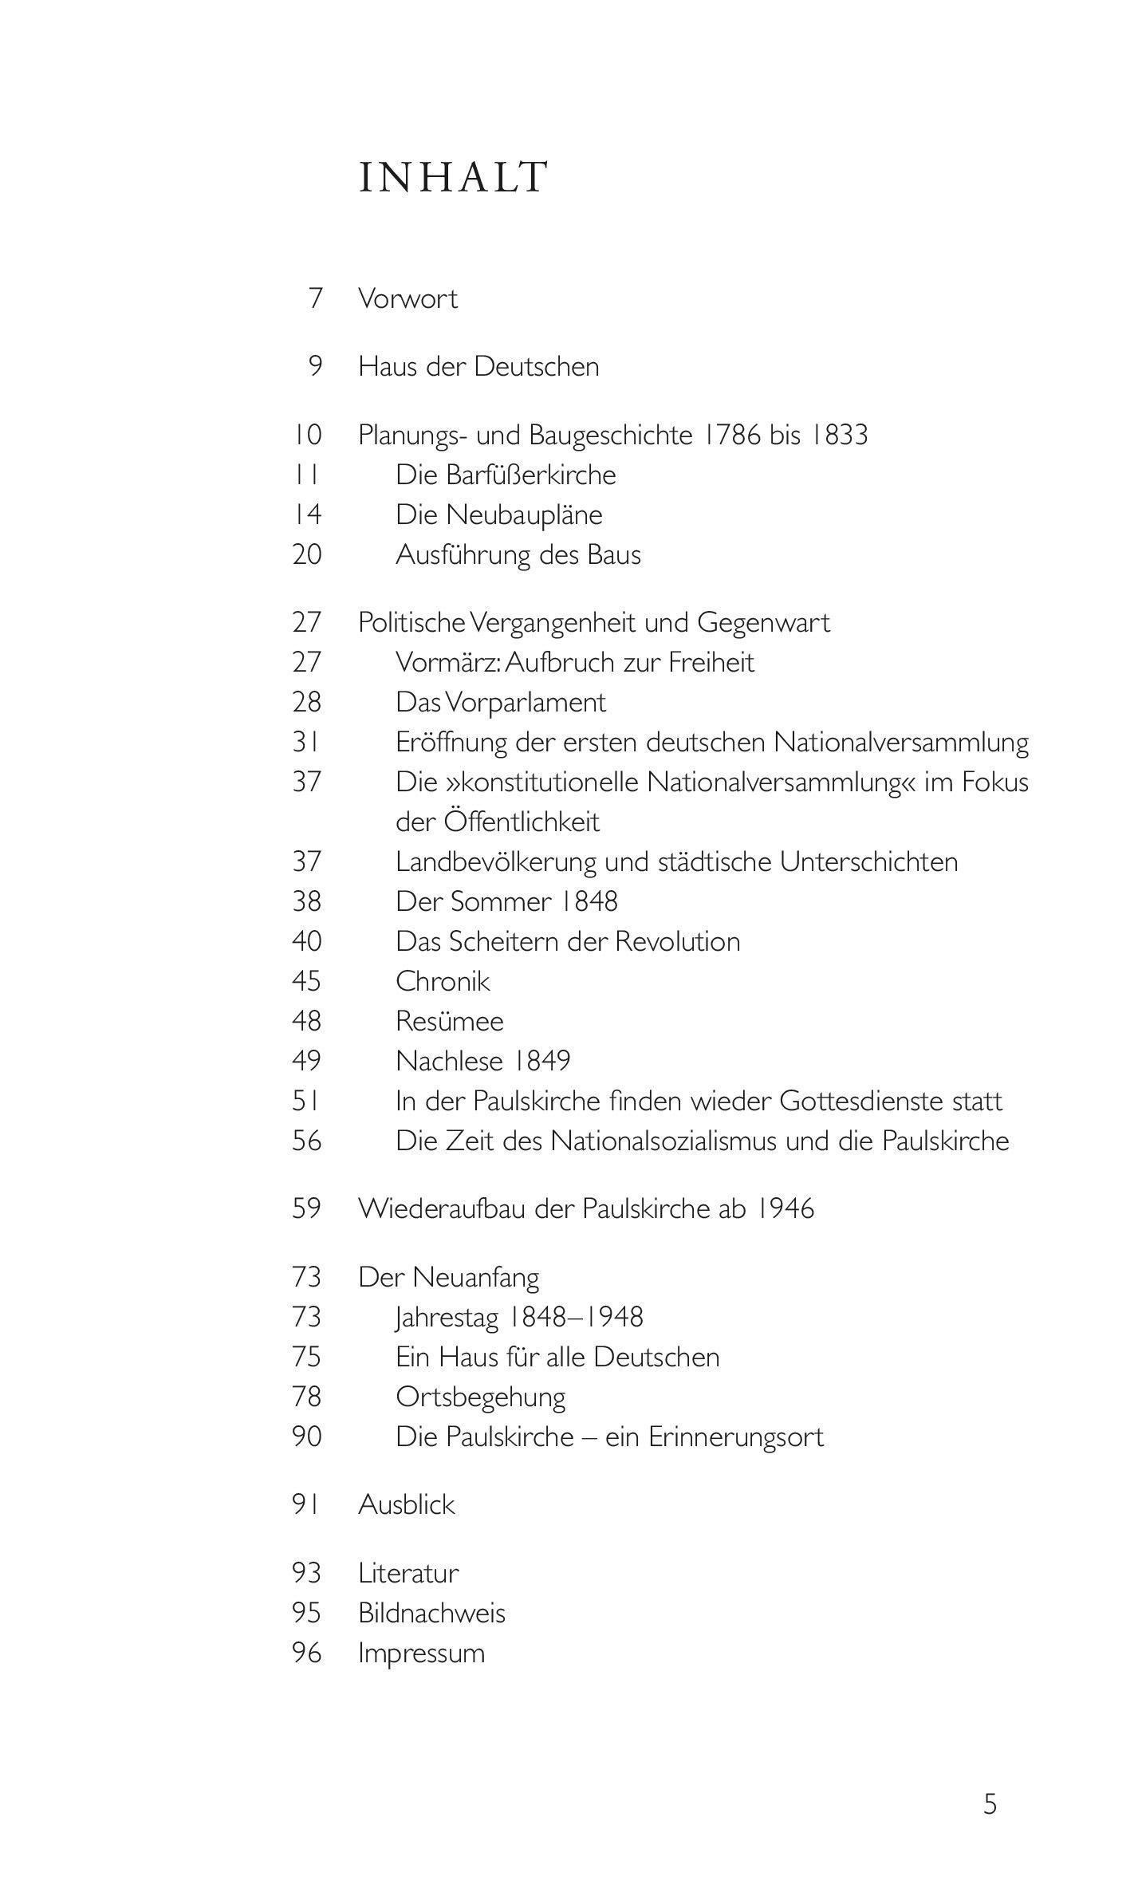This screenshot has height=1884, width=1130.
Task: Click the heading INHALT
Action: [x=453, y=177]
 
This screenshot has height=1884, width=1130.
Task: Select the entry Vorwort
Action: [x=408, y=299]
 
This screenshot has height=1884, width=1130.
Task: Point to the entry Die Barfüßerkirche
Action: [x=506, y=475]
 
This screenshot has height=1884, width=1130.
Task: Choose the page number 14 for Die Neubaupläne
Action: [x=307, y=515]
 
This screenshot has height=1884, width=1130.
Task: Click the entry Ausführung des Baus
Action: [x=518, y=555]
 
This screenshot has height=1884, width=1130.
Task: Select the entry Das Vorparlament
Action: [x=501, y=703]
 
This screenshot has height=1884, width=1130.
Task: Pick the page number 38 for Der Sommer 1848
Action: [x=307, y=902]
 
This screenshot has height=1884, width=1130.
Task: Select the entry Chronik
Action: [x=443, y=982]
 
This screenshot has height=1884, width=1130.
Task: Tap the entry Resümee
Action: [x=450, y=1022]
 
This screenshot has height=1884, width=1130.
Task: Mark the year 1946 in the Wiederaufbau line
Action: [x=785, y=1209]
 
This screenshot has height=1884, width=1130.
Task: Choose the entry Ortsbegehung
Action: [x=481, y=1397]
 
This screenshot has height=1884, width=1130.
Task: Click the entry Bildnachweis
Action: [x=431, y=1613]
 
